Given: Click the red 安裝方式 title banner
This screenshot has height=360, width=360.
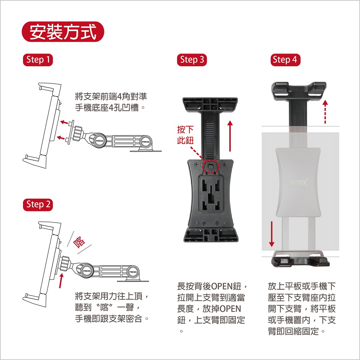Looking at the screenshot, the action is (x=63, y=32).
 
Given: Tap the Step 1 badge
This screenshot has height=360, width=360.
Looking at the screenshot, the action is (x=38, y=60).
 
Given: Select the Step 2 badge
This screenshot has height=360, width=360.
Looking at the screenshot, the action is (x=38, y=205).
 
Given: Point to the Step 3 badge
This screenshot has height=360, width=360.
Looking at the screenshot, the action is (x=192, y=60).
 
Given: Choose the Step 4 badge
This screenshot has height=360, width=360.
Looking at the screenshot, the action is (x=285, y=60).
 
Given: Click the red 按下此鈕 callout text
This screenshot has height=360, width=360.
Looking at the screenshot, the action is (x=185, y=135).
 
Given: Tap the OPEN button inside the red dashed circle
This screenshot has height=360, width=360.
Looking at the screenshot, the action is (x=211, y=166).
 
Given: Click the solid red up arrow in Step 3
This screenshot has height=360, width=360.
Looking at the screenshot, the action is (x=230, y=136).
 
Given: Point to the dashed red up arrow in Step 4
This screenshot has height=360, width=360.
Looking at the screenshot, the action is (x=325, y=112).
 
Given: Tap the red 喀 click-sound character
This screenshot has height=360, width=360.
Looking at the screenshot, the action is (x=79, y=242).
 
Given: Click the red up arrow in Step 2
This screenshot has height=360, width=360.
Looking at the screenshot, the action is (x=61, y=280).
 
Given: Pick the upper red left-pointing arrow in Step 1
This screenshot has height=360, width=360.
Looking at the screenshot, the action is (x=64, y=122).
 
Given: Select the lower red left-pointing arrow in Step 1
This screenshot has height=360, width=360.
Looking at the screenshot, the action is (x=61, y=138).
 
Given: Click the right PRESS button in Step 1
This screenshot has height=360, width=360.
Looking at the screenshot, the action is (x=145, y=142).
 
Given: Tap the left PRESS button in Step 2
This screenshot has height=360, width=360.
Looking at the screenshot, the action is (x=87, y=271).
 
